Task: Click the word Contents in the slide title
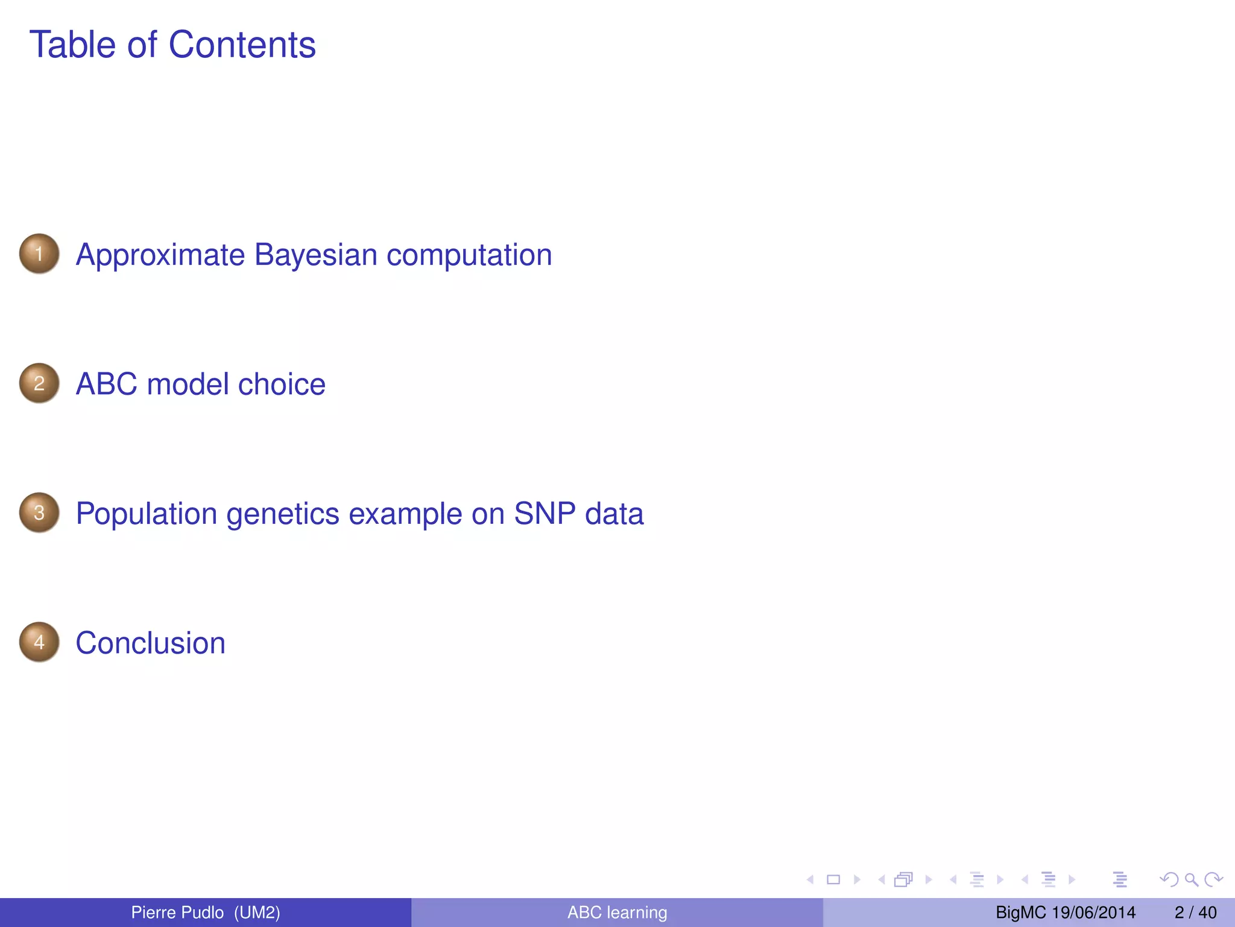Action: pyautogui.click(x=242, y=45)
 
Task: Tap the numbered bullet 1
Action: pyautogui.click(x=39, y=253)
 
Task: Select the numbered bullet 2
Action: pyautogui.click(x=39, y=383)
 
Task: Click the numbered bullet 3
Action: pyautogui.click(x=39, y=512)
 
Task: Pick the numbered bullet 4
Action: pyautogui.click(x=39, y=642)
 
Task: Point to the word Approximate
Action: pyautogui.click(x=160, y=255)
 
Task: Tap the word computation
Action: pyautogui.click(x=469, y=255)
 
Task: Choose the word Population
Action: pyautogui.click(x=146, y=514)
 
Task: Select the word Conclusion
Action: pyautogui.click(x=150, y=643)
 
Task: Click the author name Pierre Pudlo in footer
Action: pyautogui.click(x=177, y=913)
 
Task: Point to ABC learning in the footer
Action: pyautogui.click(x=617, y=913)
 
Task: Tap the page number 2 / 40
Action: pyautogui.click(x=1195, y=913)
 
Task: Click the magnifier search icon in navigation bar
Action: pyautogui.click(x=1191, y=879)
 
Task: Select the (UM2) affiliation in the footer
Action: pyautogui.click(x=257, y=913)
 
